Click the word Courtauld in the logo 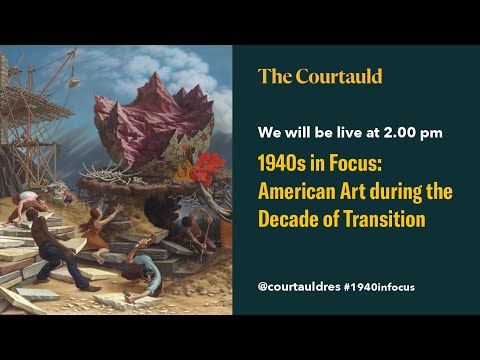click(x=338, y=76)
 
